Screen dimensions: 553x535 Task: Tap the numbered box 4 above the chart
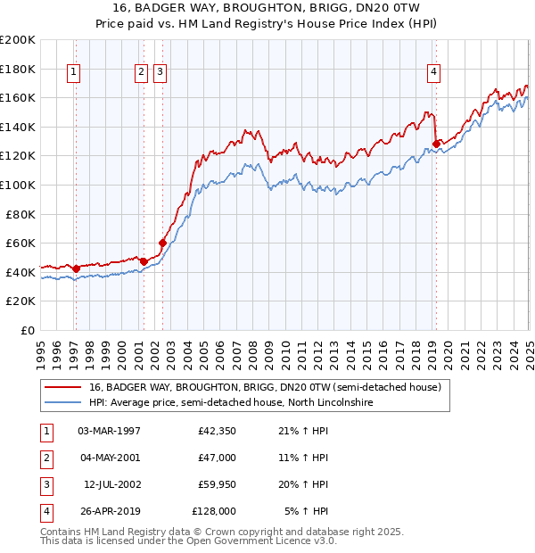pyautogui.click(x=433, y=73)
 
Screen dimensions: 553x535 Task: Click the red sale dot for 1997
pyautogui.click(x=76, y=268)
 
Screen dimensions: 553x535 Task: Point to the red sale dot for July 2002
pyautogui.click(x=162, y=243)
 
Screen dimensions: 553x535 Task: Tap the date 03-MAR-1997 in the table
pyautogui.click(x=110, y=431)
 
